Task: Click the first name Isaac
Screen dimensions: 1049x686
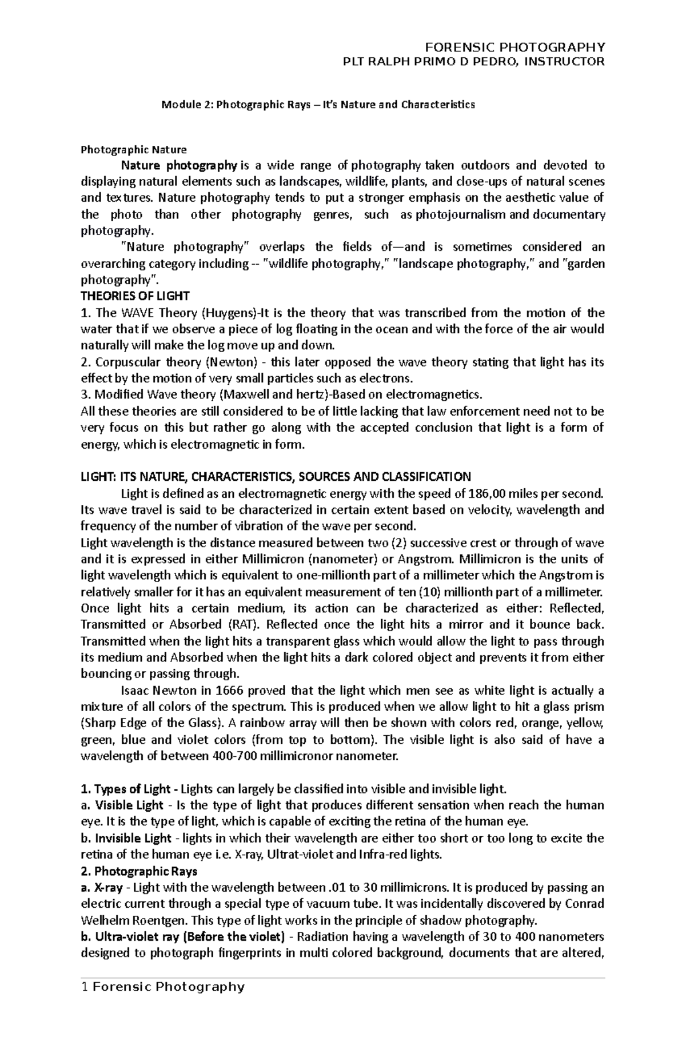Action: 134,691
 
